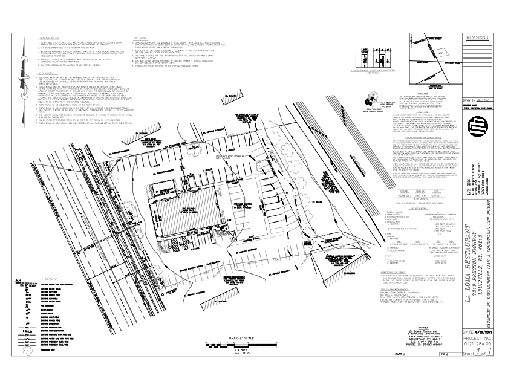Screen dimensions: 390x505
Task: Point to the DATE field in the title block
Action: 476,333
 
